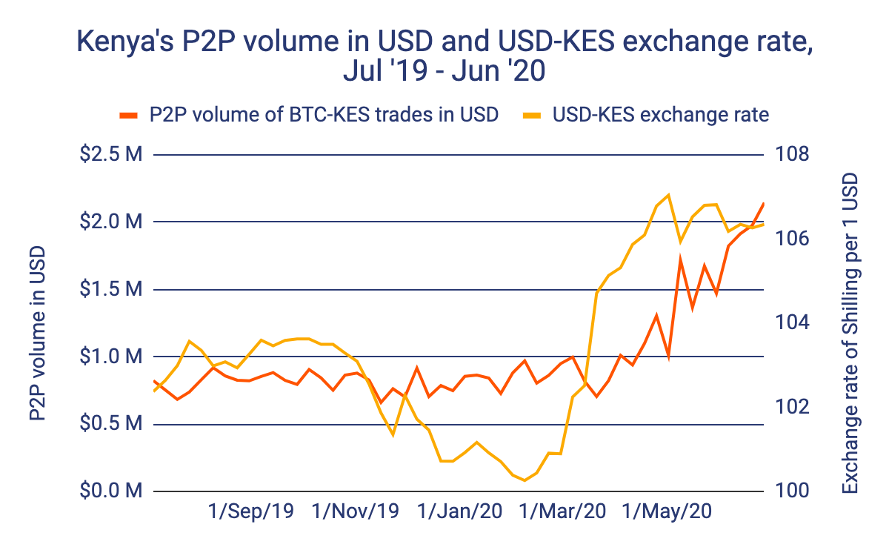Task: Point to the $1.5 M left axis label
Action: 112,290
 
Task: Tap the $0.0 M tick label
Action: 112,491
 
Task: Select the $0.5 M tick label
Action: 112,425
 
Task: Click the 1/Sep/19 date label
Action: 251,512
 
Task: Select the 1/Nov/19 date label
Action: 356,512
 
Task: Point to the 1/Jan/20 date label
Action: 460,512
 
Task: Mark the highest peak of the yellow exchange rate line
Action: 668,195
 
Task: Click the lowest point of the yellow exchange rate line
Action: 525,480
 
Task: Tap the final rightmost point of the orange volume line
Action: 764,203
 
